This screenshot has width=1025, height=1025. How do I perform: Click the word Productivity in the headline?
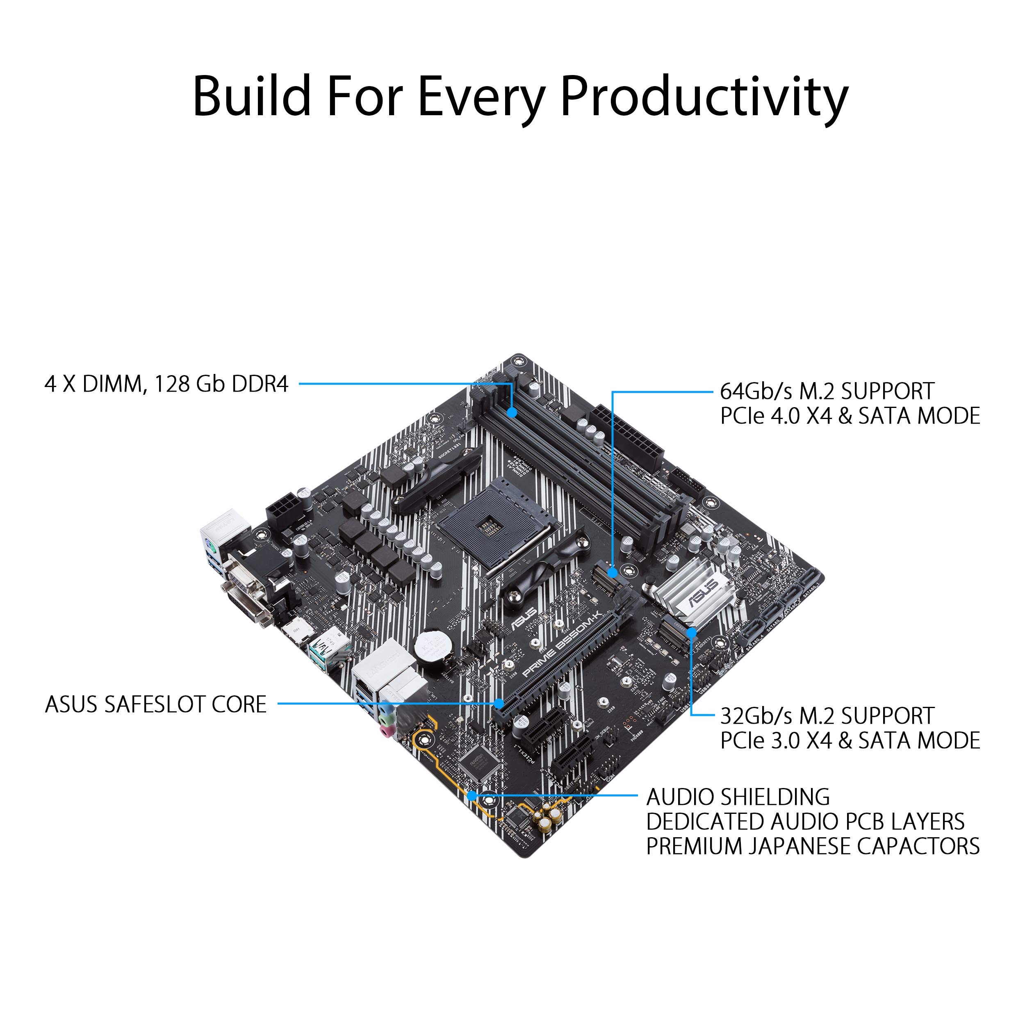[x=704, y=97]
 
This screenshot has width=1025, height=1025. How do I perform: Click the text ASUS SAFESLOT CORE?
[x=155, y=704]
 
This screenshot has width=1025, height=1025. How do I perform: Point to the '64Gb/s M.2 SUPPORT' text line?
[x=827, y=392]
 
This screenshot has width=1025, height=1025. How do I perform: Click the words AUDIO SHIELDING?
[x=738, y=797]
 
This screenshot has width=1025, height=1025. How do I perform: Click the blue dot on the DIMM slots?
[x=512, y=412]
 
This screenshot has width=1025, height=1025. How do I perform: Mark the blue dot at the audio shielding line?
[x=471, y=796]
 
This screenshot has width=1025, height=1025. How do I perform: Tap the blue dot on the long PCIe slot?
[x=499, y=704]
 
